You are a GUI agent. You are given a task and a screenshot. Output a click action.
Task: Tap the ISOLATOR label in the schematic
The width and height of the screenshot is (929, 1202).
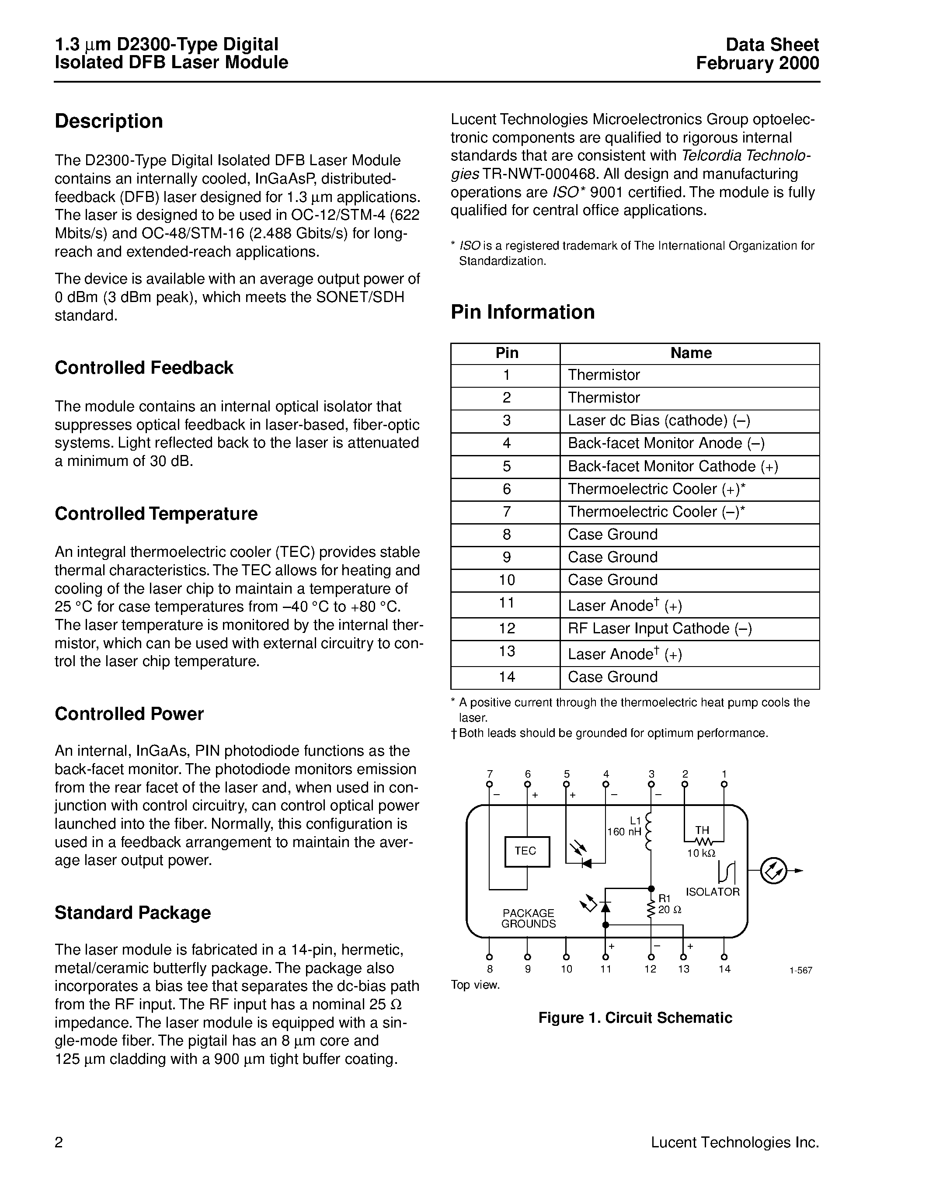tap(712, 892)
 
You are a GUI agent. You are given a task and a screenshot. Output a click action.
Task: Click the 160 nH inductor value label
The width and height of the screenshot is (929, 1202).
tap(624, 832)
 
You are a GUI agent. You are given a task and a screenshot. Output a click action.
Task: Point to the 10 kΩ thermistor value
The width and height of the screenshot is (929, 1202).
tap(701, 853)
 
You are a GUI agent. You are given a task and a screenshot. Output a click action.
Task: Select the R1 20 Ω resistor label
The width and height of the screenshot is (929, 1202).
tap(669, 905)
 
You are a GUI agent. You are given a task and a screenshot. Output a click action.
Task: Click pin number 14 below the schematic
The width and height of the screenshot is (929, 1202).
tap(724, 969)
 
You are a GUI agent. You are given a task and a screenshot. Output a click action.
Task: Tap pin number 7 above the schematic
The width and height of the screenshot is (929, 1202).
tap(489, 774)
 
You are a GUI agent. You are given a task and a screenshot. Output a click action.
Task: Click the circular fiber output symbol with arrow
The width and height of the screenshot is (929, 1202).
tap(773, 871)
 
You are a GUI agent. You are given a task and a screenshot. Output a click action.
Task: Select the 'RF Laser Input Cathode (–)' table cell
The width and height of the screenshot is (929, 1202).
tap(659, 629)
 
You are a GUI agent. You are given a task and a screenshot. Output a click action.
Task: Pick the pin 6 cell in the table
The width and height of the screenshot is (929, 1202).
tap(506, 489)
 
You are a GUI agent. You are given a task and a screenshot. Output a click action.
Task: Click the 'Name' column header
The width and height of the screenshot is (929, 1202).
tap(690, 353)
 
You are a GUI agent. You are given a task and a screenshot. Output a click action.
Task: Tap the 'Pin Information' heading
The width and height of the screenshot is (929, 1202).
tap(522, 312)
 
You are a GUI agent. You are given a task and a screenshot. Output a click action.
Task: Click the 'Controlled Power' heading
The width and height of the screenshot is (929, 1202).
tap(129, 714)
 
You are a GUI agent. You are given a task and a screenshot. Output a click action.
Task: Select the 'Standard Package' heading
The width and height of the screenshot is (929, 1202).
tap(132, 913)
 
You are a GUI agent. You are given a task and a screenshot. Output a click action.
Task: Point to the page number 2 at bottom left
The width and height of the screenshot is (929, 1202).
tap(59, 1143)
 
